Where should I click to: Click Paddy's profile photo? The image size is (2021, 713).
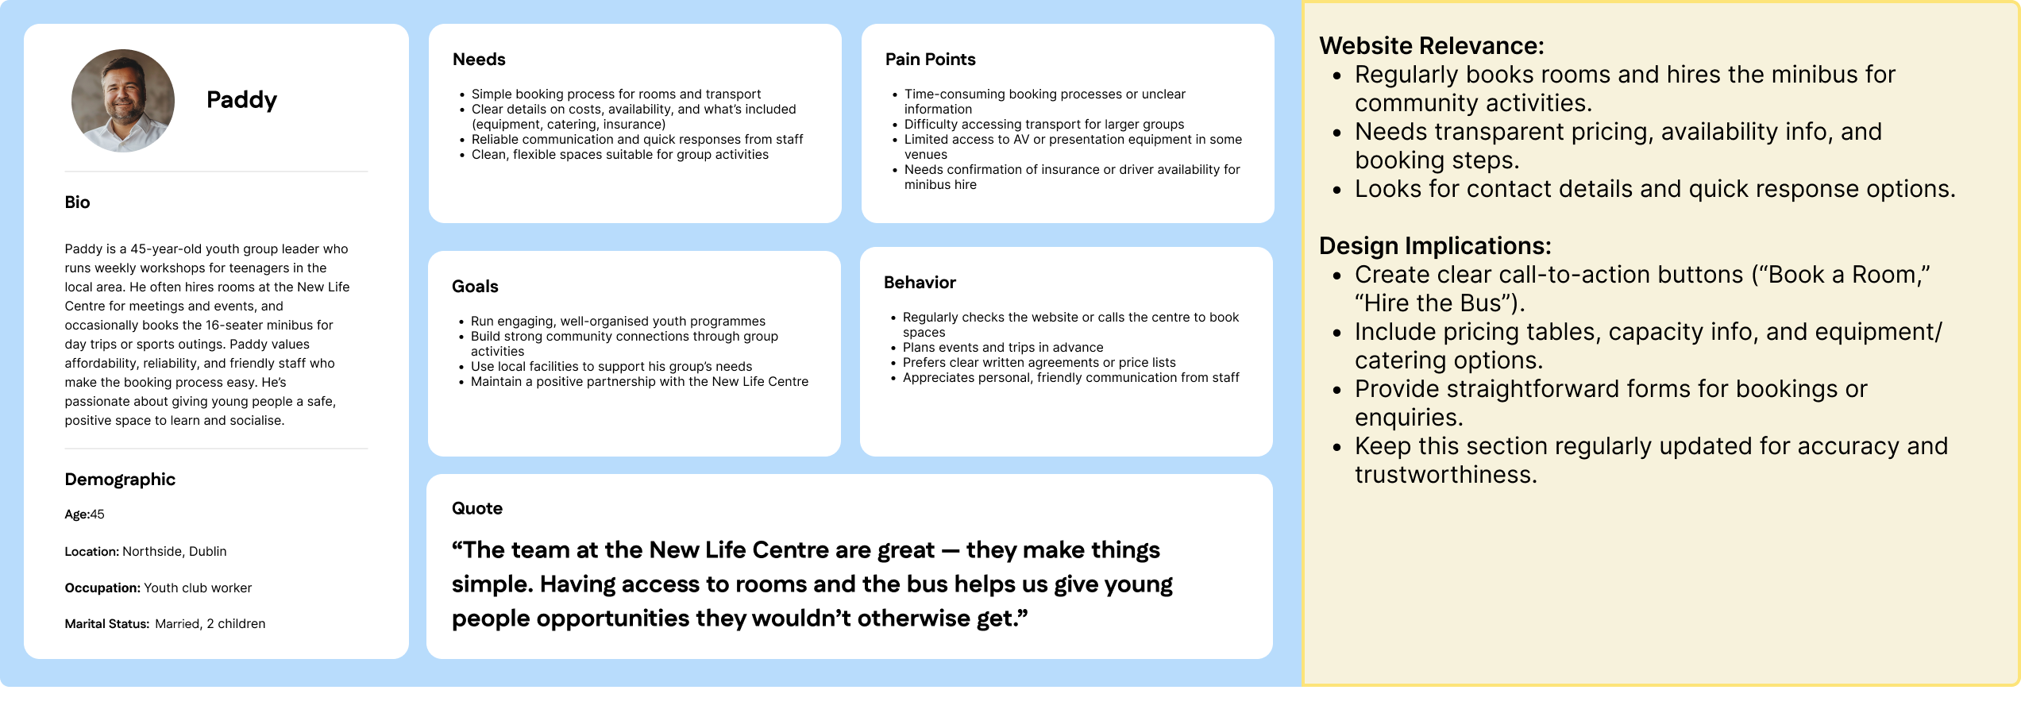pyautogui.click(x=123, y=101)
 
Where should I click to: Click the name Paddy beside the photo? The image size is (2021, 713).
pyautogui.click(x=241, y=100)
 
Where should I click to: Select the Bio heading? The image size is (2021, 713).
pyautogui.click(x=77, y=202)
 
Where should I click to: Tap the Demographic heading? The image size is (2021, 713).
pyautogui.click(x=120, y=480)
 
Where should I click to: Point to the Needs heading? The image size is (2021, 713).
pyautogui.click(x=479, y=60)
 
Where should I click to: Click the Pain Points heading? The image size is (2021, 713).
pyautogui.click(x=930, y=60)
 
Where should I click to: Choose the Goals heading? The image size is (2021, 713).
pyautogui.click(x=475, y=287)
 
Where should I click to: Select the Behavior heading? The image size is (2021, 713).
pyautogui.click(x=920, y=283)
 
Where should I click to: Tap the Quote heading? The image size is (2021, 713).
pyautogui.click(x=477, y=508)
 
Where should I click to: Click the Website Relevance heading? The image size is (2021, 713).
pyautogui.click(x=1432, y=45)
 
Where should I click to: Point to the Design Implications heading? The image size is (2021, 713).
pyautogui.click(x=1435, y=245)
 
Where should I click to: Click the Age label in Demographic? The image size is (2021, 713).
pyautogui.click(x=76, y=515)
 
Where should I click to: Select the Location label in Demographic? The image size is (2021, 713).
pyautogui.click(x=91, y=552)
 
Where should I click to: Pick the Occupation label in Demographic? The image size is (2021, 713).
pyautogui.click(x=102, y=588)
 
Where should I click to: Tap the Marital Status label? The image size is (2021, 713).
pyautogui.click(x=107, y=624)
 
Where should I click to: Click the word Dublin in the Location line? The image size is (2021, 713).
pyautogui.click(x=208, y=552)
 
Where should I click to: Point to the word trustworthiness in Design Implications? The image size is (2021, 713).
pyautogui.click(x=1446, y=474)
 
